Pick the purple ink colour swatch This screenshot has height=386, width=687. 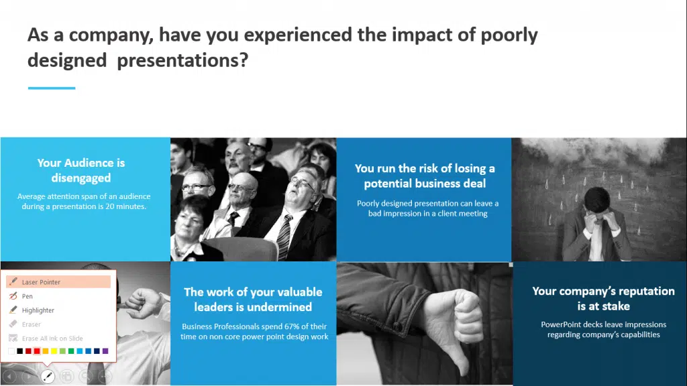coord(105,351)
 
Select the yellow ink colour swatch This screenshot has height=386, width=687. coord(54,351)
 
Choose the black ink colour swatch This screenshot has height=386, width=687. coord(19,351)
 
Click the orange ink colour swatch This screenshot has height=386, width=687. coord(45,351)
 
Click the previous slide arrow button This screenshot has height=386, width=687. coord(9,376)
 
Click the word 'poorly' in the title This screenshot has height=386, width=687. coord(509,35)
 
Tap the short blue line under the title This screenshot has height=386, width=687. coord(52,88)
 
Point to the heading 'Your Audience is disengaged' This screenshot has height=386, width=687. coord(81,170)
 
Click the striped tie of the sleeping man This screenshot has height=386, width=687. coord(284,237)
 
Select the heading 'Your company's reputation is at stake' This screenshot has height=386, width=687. coord(603,298)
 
